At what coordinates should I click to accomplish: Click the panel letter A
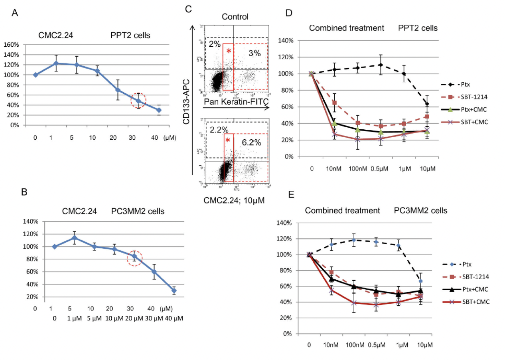tap(14, 13)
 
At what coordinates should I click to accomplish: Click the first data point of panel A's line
tap(36, 75)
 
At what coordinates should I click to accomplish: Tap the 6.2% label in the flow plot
tap(251, 142)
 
